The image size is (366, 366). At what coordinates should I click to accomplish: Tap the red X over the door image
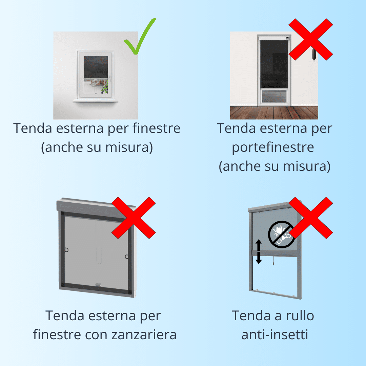[311, 39]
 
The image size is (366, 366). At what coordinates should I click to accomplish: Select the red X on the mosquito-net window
[134, 218]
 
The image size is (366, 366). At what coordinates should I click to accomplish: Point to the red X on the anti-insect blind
[311, 218]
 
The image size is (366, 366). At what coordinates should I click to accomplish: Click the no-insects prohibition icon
[281, 235]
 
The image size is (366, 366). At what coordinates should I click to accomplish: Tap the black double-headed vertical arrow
[258, 251]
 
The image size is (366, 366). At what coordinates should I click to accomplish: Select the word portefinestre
[273, 147]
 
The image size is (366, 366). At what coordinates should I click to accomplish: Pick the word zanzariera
[144, 335]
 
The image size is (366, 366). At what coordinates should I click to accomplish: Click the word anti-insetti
[275, 335]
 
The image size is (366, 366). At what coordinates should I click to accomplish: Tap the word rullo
[300, 316]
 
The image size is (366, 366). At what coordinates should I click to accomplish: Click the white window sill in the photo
[96, 101]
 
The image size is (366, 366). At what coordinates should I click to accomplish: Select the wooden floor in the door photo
[274, 113]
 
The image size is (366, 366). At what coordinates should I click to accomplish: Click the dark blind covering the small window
[96, 67]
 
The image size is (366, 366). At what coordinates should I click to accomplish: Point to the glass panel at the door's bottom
[274, 96]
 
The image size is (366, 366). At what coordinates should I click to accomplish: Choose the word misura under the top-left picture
[127, 147]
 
